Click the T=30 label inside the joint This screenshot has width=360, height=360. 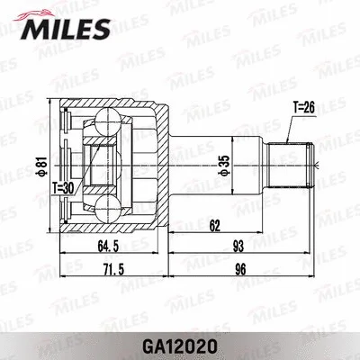click(64, 186)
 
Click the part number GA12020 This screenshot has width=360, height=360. click(181, 343)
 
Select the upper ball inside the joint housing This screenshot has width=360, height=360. click(107, 121)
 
